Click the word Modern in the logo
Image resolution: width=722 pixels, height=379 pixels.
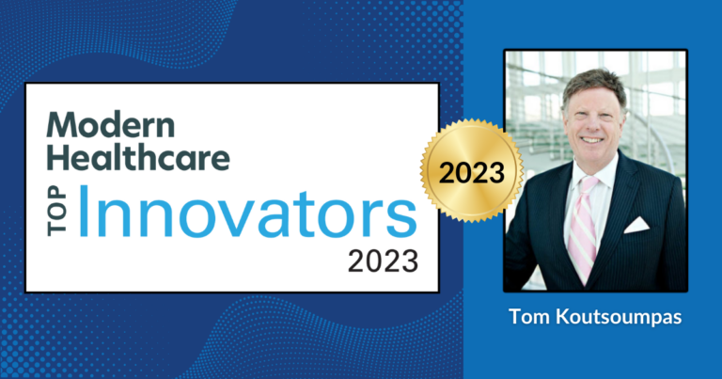(111, 124)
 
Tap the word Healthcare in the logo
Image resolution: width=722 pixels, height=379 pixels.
(138, 157)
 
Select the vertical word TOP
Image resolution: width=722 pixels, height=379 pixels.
(57, 211)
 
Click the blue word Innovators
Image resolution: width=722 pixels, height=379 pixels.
(247, 212)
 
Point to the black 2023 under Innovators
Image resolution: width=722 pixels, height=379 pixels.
(384, 261)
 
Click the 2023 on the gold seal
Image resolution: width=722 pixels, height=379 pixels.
(472, 173)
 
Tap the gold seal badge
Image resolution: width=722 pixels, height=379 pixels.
(472, 171)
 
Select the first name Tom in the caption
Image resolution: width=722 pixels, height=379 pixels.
(529, 317)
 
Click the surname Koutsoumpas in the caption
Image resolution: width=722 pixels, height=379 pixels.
(619, 318)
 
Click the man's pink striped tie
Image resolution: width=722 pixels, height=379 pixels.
(583, 228)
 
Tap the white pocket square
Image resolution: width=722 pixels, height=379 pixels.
(636, 225)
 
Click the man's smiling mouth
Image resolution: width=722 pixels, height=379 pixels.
(592, 139)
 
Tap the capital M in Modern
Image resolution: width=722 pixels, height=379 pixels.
(60, 125)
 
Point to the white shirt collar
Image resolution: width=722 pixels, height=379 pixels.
(593, 175)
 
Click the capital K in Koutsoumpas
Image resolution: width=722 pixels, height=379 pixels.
(562, 317)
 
